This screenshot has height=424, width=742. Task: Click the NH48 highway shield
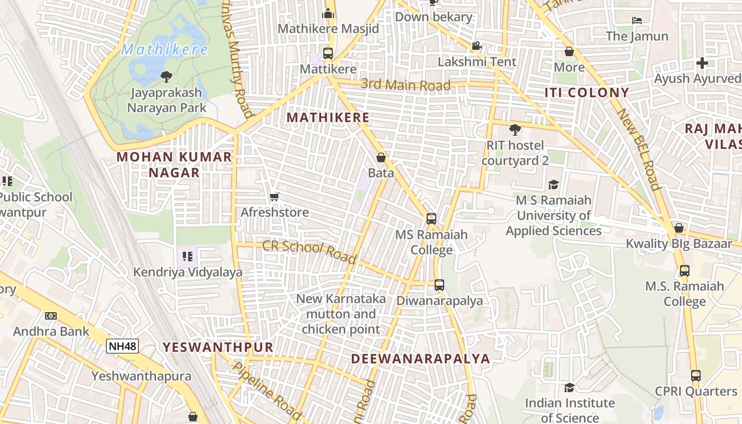(122, 347)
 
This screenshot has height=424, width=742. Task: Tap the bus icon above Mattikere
(328, 54)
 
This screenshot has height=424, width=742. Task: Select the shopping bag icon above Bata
(381, 157)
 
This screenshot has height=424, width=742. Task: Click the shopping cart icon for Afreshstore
(275, 197)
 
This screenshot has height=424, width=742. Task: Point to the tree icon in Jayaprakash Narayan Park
(166, 77)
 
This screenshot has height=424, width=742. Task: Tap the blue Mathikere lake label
(164, 50)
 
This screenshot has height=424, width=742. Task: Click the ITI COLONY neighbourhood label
(587, 93)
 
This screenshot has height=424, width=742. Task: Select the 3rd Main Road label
(405, 85)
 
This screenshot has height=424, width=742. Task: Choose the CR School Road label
(310, 252)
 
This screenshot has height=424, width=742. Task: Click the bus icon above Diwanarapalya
(439, 285)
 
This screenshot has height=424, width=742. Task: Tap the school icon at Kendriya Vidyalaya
(187, 257)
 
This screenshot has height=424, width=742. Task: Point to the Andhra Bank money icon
(51, 316)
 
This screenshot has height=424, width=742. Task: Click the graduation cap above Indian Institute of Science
(569, 387)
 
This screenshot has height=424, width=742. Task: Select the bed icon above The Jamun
(637, 21)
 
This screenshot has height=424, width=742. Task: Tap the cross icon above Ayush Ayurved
(702, 63)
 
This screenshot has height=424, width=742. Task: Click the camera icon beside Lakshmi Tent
(476, 46)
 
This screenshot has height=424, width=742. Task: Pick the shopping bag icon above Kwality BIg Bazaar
(678, 228)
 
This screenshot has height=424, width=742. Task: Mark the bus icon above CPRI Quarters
(695, 376)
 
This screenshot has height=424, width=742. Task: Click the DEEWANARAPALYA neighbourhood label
(420, 359)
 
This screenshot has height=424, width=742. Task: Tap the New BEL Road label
(639, 149)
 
